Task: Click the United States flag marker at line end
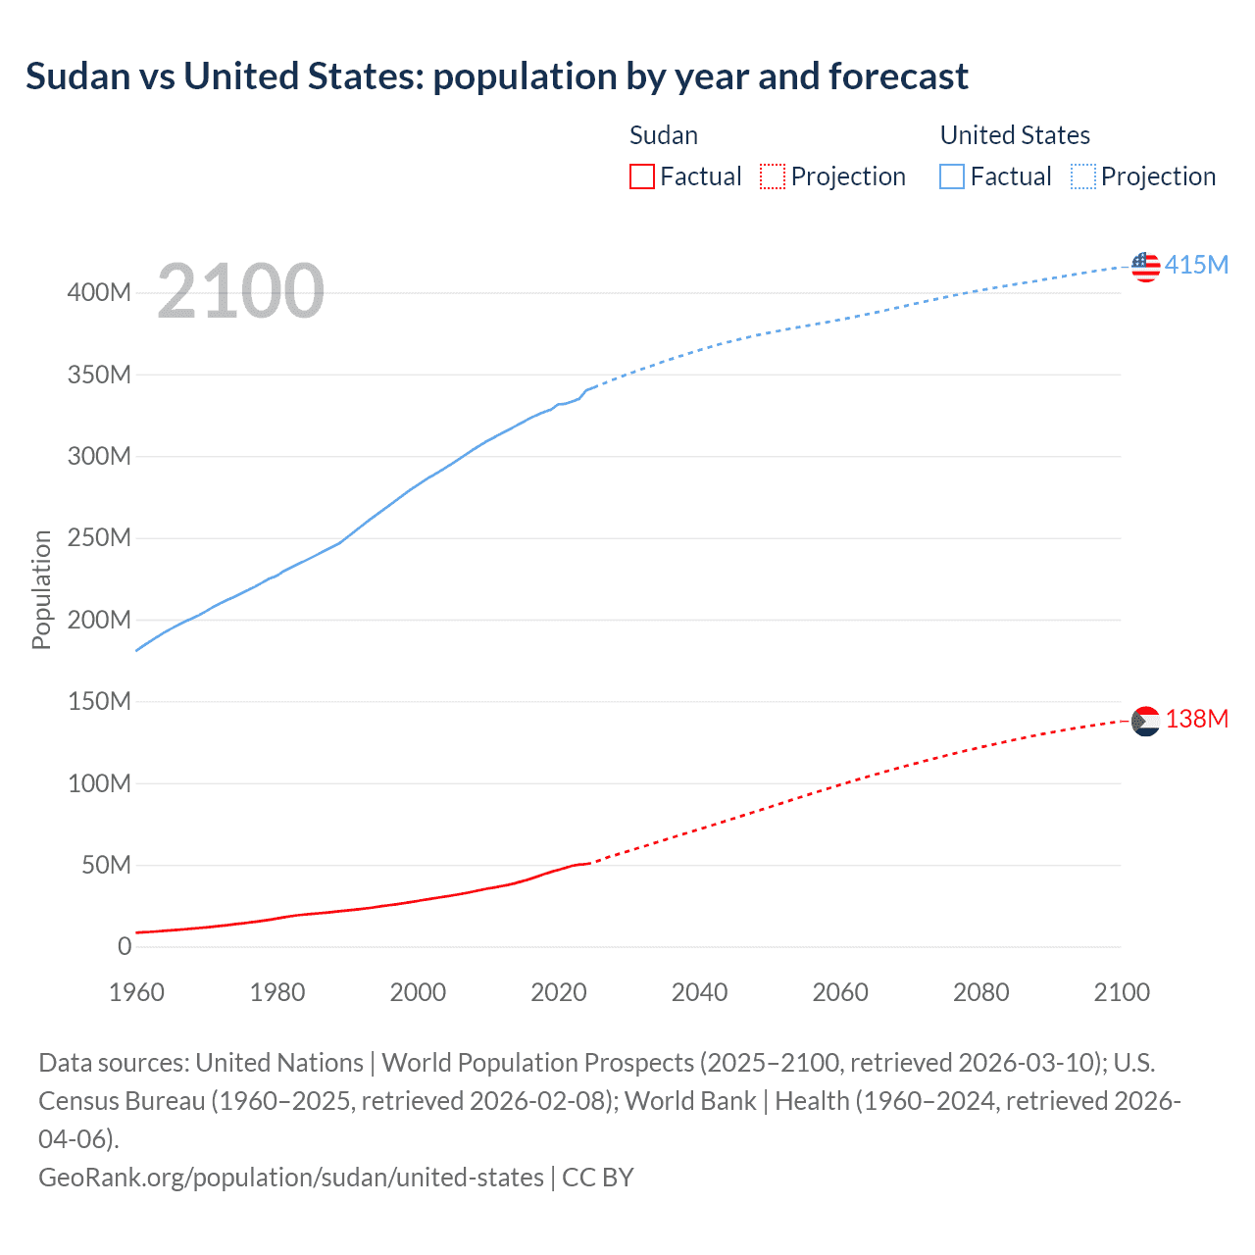click(x=1145, y=267)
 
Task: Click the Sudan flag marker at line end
click(x=1145, y=721)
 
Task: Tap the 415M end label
click(x=1196, y=265)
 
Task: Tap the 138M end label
click(x=1196, y=719)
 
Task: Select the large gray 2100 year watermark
click(x=240, y=291)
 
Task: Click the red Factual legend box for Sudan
click(x=642, y=176)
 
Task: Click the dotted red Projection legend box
click(x=773, y=176)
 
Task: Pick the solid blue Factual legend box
click(x=952, y=176)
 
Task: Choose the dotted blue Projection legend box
click(x=1083, y=176)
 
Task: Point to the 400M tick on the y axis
click(x=99, y=293)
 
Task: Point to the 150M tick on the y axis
click(x=99, y=701)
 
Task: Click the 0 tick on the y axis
click(x=124, y=946)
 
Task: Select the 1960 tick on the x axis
click(x=136, y=992)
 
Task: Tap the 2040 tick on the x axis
click(x=699, y=992)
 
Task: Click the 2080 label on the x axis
click(x=980, y=992)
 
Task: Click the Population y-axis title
click(x=41, y=589)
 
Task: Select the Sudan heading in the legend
click(x=664, y=135)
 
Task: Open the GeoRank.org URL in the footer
click(x=290, y=1177)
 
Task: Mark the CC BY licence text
click(x=598, y=1177)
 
